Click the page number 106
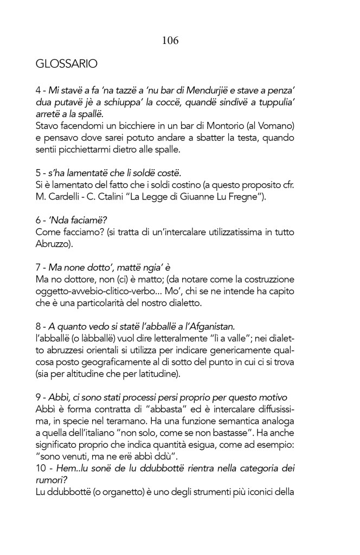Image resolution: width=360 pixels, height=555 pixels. pos(170,41)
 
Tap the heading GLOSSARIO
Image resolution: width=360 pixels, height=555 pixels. pos(67,64)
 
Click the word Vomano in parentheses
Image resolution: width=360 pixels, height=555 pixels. pos(278,126)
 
